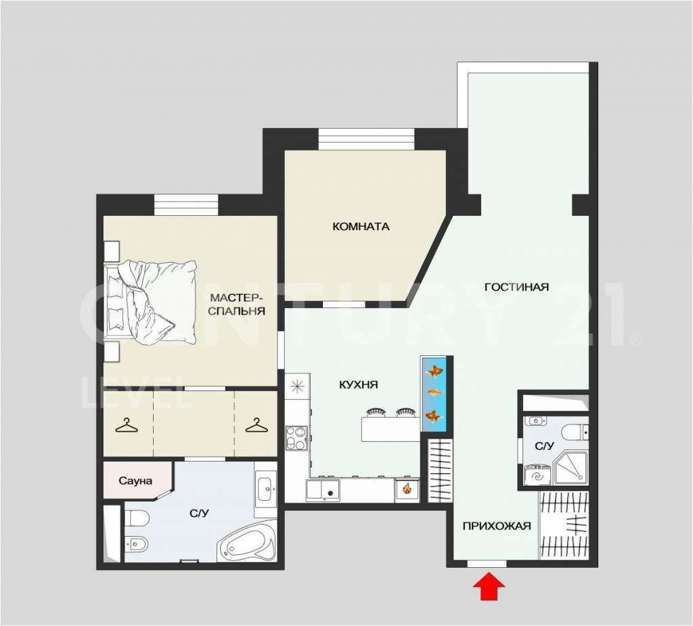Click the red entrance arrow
(x=489, y=586)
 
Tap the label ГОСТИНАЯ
(x=516, y=288)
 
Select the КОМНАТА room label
(x=361, y=227)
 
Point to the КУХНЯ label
(x=359, y=384)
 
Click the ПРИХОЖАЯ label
(x=496, y=526)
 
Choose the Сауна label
(x=135, y=480)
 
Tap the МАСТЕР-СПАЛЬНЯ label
(x=236, y=304)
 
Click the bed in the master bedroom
(x=150, y=302)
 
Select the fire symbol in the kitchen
(x=407, y=489)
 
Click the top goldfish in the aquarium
(x=434, y=372)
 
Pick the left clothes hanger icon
(x=127, y=426)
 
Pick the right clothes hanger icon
(x=256, y=426)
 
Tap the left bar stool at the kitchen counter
(x=376, y=413)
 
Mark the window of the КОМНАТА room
(x=366, y=139)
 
